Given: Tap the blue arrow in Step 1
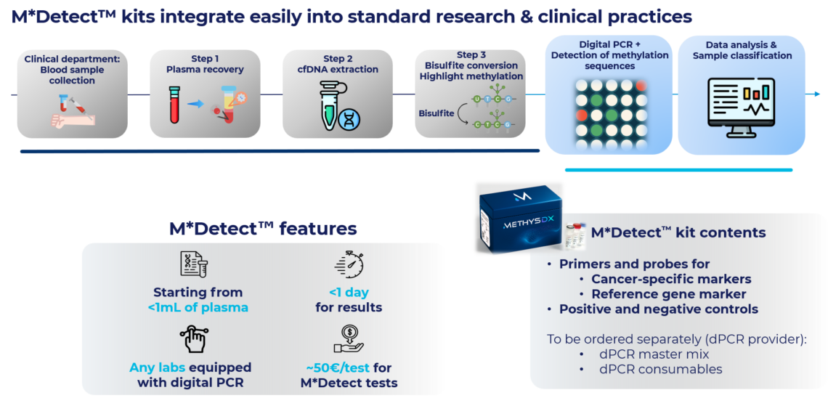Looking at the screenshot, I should pos(195,104).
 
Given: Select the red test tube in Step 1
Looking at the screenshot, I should pos(174,105).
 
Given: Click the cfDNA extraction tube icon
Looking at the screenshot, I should pos(335,108).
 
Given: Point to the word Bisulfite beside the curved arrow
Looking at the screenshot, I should pos(436,113).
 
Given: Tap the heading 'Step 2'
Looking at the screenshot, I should pos(338,59).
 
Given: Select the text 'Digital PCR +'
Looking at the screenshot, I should pos(610,44).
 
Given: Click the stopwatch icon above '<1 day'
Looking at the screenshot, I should pos(349,265).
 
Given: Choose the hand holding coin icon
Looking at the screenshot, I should pos(349,339).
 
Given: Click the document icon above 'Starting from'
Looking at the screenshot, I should pos(194,265).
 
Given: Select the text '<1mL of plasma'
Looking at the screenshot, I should pos(198,307).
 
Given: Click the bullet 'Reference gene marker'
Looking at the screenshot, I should pos(668,294).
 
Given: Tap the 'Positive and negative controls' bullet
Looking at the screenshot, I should pos(658,309).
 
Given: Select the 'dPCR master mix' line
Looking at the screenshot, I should pos(654,354).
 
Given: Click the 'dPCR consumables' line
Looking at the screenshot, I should pos(660,369).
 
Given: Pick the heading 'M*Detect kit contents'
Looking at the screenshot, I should pos(678,233).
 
